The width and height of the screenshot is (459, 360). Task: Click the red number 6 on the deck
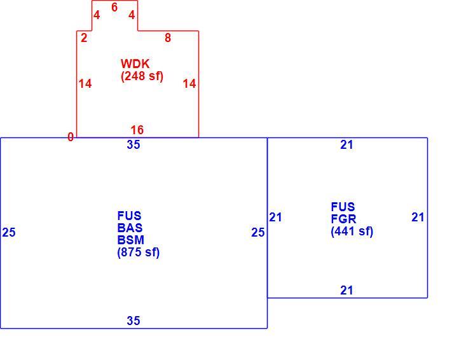(114, 8)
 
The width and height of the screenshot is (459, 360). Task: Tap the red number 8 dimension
(168, 38)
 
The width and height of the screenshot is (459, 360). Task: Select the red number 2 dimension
(84, 38)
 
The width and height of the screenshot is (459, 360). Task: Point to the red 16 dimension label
(137, 130)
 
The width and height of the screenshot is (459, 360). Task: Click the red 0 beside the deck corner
(71, 137)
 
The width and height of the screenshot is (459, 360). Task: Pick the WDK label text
(135, 64)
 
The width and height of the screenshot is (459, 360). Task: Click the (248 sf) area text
(142, 76)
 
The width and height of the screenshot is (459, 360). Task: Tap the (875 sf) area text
(139, 253)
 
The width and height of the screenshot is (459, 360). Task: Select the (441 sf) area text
(352, 232)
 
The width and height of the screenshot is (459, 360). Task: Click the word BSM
(131, 240)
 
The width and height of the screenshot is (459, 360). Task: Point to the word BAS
(130, 228)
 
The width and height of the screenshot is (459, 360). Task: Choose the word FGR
(344, 219)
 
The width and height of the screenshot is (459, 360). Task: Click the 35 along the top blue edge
(134, 145)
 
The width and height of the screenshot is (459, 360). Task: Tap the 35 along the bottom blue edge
(134, 321)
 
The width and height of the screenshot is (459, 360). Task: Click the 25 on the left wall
(9, 233)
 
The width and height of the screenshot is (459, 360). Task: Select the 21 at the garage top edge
(347, 145)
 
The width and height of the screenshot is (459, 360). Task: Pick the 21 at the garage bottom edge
(347, 291)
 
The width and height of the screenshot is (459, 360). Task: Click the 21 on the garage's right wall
(418, 218)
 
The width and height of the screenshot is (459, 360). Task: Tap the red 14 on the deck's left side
(85, 84)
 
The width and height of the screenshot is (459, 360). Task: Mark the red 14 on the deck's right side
(189, 84)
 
